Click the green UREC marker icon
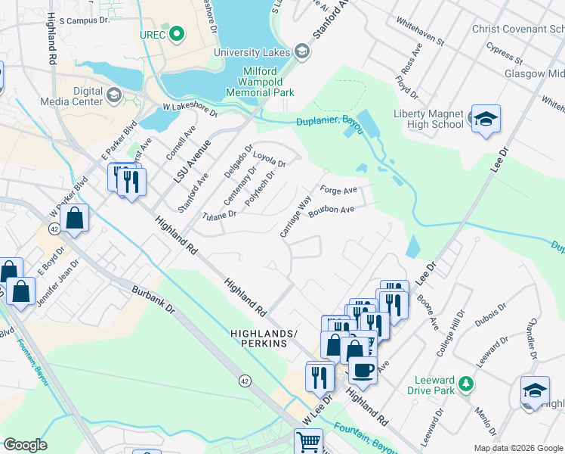tap(177, 34)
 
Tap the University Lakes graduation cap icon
tap(302, 51)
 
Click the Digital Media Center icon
tap(114, 95)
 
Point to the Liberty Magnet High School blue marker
tap(486, 119)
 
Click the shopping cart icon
tap(308, 441)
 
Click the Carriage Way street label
tap(295, 217)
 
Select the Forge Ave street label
tap(337, 190)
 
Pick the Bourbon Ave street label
tap(331, 210)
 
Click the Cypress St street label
tap(505, 54)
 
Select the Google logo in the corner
tap(25, 445)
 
